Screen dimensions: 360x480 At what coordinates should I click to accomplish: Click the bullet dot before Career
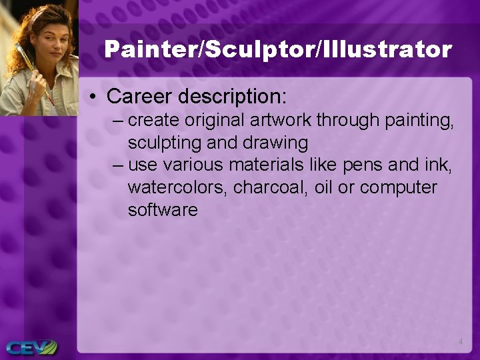96,97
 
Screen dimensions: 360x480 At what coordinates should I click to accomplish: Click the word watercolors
178,188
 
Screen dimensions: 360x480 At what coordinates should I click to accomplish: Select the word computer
398,188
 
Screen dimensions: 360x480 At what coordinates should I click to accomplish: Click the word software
163,210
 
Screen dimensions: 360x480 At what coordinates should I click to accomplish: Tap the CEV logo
31,347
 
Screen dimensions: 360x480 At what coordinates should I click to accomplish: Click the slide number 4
461,342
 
